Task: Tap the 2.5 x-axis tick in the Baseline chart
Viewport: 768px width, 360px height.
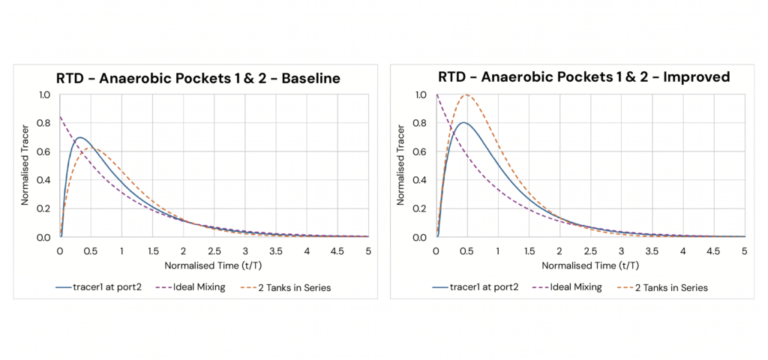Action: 214,250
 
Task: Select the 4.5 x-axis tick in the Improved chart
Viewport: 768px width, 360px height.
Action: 713,250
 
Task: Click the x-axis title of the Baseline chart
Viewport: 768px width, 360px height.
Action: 214,265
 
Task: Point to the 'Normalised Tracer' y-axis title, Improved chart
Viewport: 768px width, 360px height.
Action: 400,166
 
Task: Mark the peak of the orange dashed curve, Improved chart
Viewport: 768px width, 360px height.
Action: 466,95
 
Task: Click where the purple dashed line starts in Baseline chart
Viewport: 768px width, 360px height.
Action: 60,117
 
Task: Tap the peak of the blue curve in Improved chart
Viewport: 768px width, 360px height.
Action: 463,122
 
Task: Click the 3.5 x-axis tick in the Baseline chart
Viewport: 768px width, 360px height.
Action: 275,250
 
